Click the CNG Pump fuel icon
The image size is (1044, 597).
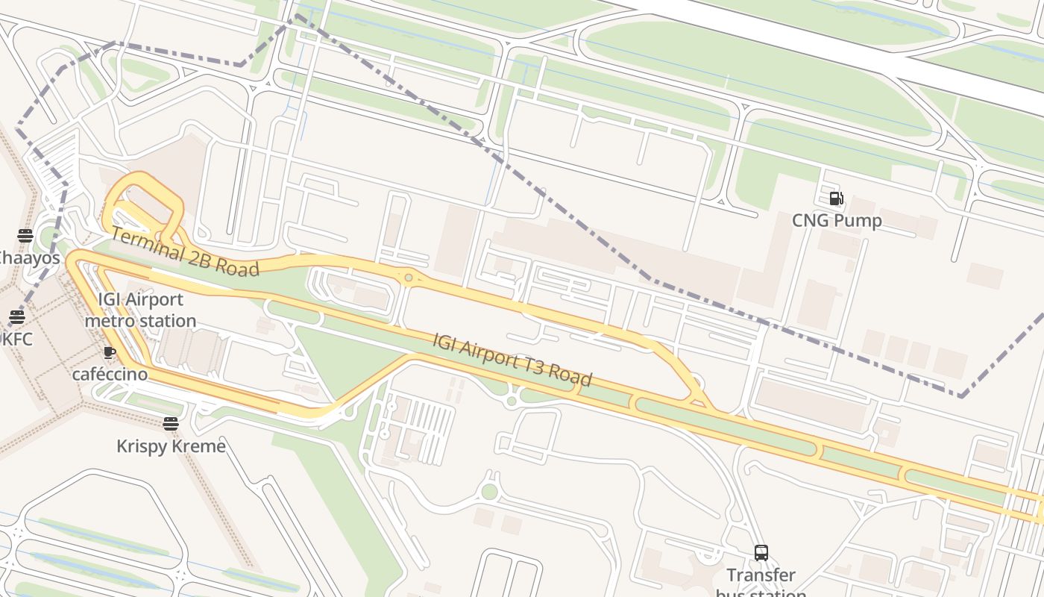[x=836, y=199]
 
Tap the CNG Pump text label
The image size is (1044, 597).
[x=837, y=221]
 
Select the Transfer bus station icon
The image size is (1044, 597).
[x=761, y=553]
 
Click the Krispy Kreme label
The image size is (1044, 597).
[x=171, y=446]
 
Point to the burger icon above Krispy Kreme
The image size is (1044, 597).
[x=171, y=424]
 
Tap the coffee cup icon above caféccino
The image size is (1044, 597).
[x=110, y=352]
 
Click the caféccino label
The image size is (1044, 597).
[x=110, y=374]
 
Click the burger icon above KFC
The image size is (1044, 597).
[x=16, y=317]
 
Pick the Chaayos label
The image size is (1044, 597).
[x=28, y=258]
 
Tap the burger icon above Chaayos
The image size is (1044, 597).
[x=25, y=236]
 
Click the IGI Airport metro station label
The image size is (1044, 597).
[x=140, y=310]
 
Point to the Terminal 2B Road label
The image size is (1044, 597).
[x=184, y=251]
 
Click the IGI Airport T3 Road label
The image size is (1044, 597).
[x=512, y=360]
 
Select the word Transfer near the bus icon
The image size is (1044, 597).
[x=761, y=575]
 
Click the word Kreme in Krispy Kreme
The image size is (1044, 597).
[x=198, y=446]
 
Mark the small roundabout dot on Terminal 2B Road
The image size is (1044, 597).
[x=409, y=278]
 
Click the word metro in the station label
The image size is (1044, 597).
[x=109, y=321]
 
